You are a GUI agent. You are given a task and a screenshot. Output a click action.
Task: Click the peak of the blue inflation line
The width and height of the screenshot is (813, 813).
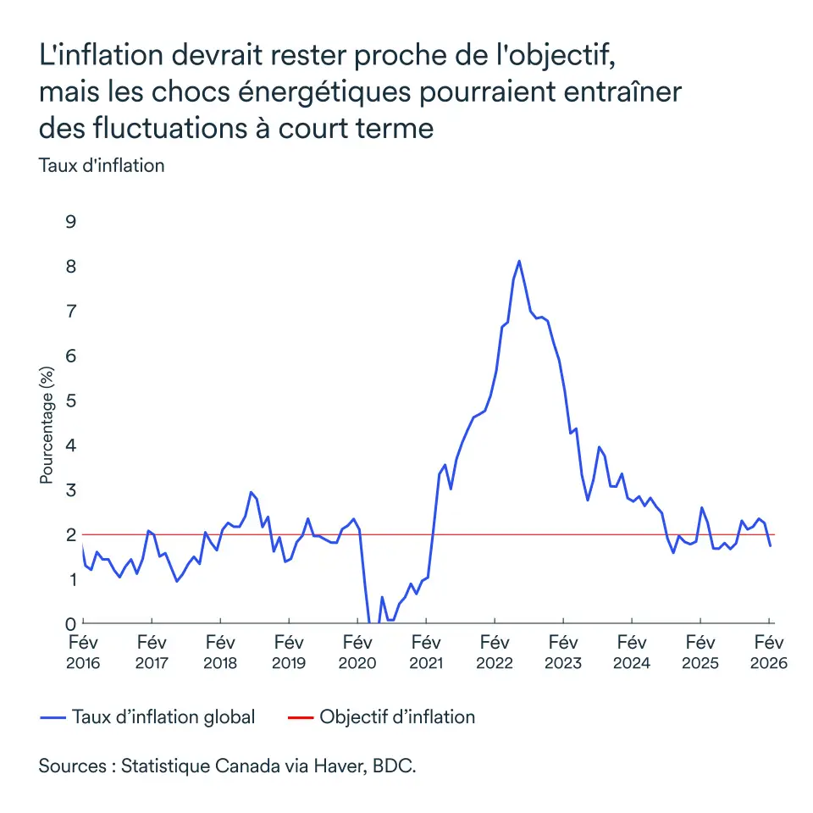click(x=519, y=261)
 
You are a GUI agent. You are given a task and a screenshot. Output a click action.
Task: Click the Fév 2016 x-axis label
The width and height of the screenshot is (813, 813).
click(x=83, y=652)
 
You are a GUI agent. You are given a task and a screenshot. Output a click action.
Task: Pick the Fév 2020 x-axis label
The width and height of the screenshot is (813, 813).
click(x=357, y=652)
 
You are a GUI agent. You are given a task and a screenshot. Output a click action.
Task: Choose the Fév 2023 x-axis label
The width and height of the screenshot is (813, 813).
click(x=563, y=652)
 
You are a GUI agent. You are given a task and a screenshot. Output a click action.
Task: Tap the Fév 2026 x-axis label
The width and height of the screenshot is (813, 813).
click(x=769, y=652)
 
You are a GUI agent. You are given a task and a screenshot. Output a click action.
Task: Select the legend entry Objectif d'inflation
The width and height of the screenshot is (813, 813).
click(x=397, y=717)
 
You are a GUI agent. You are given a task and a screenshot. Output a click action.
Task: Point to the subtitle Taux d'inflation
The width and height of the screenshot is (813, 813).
click(x=102, y=166)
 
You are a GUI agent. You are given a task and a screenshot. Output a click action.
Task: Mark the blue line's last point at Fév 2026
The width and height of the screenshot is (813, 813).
click(x=770, y=545)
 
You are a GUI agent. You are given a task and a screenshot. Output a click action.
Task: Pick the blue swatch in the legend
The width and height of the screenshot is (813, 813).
click(x=53, y=718)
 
